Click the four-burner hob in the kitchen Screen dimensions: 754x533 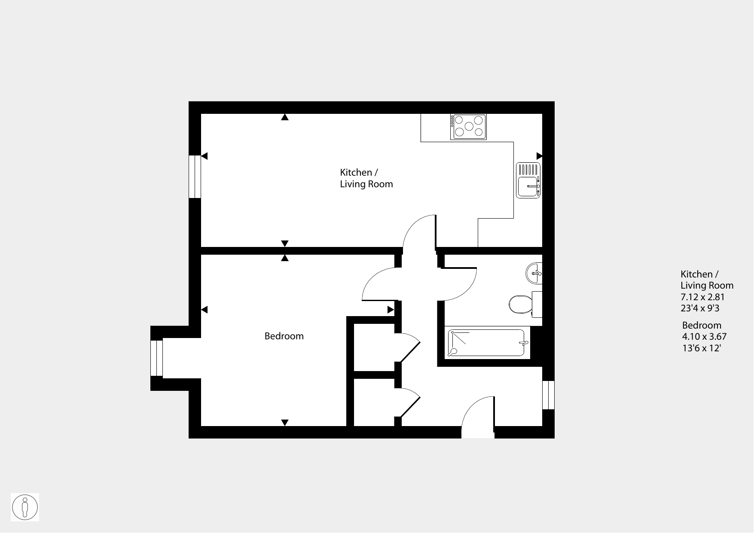pyautogui.click(x=468, y=127)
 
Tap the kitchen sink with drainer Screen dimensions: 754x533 pyautogui.click(x=528, y=180)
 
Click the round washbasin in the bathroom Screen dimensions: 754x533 pyautogui.click(x=534, y=273)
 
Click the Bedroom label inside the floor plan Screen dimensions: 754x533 pyautogui.click(x=284, y=336)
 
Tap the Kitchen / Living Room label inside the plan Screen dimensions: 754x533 pyautogui.click(x=366, y=178)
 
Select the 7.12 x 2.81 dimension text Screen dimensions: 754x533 pyautogui.click(x=702, y=297)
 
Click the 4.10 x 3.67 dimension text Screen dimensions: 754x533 pyautogui.click(x=704, y=337)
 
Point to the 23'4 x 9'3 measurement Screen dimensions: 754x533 pyautogui.click(x=700, y=308)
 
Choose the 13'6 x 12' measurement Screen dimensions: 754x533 pyautogui.click(x=701, y=348)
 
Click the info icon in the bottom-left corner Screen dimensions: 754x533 pyautogui.click(x=25, y=507)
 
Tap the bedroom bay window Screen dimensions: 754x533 pyautogui.click(x=157, y=358)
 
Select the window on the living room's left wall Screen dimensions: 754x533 pyautogui.click(x=195, y=177)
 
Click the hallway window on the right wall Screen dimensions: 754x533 pyautogui.click(x=549, y=395)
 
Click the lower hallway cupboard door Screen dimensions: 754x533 pyautogui.click(x=408, y=402)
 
